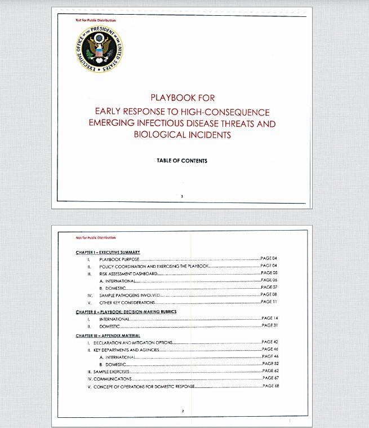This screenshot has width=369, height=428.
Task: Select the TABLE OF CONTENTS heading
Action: coord(182,161)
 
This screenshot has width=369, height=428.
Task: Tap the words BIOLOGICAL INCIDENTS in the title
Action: coord(182,135)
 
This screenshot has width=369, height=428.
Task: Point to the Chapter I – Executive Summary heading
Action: coord(108,251)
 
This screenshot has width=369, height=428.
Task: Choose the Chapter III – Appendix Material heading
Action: coord(108,336)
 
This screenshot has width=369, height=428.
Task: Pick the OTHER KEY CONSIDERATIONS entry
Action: coord(127,302)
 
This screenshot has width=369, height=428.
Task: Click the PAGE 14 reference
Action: coord(270,319)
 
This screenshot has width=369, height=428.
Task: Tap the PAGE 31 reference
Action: coord(270,326)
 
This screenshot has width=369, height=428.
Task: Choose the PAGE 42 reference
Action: coord(270,342)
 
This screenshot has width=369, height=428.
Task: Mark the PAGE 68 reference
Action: coord(270,386)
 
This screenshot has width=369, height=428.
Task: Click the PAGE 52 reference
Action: coord(270,364)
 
